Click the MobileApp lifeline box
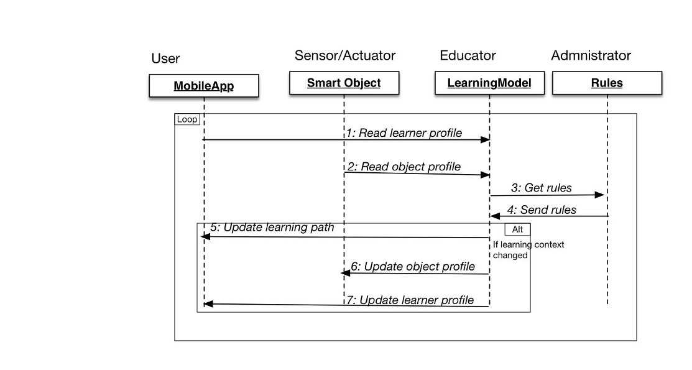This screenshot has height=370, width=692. (203, 85)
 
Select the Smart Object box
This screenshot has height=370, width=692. (344, 83)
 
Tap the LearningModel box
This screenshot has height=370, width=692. (489, 83)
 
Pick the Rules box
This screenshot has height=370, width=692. (607, 83)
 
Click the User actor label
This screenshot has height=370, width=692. (165, 58)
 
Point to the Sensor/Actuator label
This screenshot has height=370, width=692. (345, 55)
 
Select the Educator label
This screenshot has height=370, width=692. (468, 55)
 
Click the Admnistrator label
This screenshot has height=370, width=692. (591, 55)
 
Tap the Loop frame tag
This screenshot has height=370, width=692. (187, 119)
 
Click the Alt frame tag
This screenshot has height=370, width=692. (517, 229)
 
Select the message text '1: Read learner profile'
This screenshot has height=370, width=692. (404, 132)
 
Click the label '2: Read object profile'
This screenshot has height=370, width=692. (404, 167)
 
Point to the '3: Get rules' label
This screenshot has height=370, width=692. (542, 187)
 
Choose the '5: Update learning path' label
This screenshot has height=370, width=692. (272, 228)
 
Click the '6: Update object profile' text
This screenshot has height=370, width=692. (413, 267)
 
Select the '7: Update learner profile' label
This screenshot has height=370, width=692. (410, 300)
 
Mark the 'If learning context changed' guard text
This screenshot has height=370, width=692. (528, 250)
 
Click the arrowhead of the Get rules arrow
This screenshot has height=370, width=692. (600, 195)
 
